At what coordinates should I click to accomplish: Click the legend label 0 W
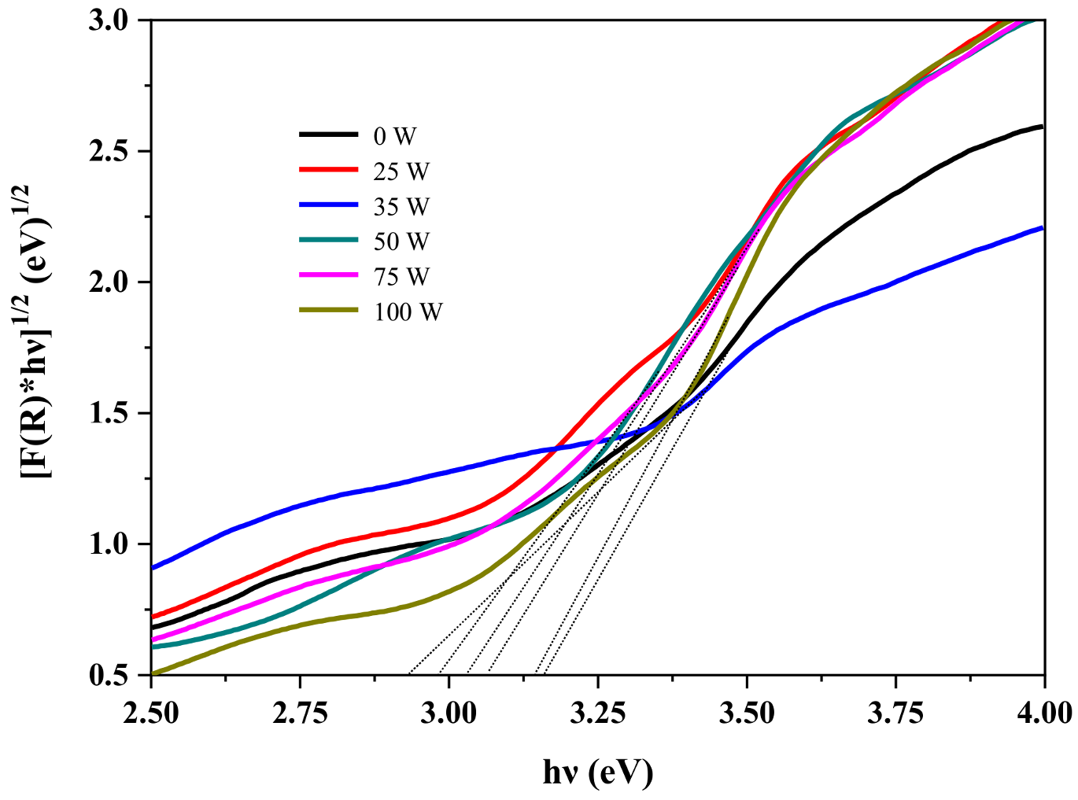394,136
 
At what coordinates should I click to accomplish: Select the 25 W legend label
401,171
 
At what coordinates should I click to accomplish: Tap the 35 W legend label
401,207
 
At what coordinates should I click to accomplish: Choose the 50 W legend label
401,241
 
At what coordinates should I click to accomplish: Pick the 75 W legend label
401,277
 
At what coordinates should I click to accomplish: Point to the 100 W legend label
408,312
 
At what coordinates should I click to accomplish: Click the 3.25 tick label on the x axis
597,713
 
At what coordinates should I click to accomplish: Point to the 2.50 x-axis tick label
151,713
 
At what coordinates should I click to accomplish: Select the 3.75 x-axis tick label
895,713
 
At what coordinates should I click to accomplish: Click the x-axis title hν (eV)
598,772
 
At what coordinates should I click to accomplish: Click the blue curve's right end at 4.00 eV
1042,228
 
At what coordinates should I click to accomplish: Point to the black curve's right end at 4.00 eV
1042,126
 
